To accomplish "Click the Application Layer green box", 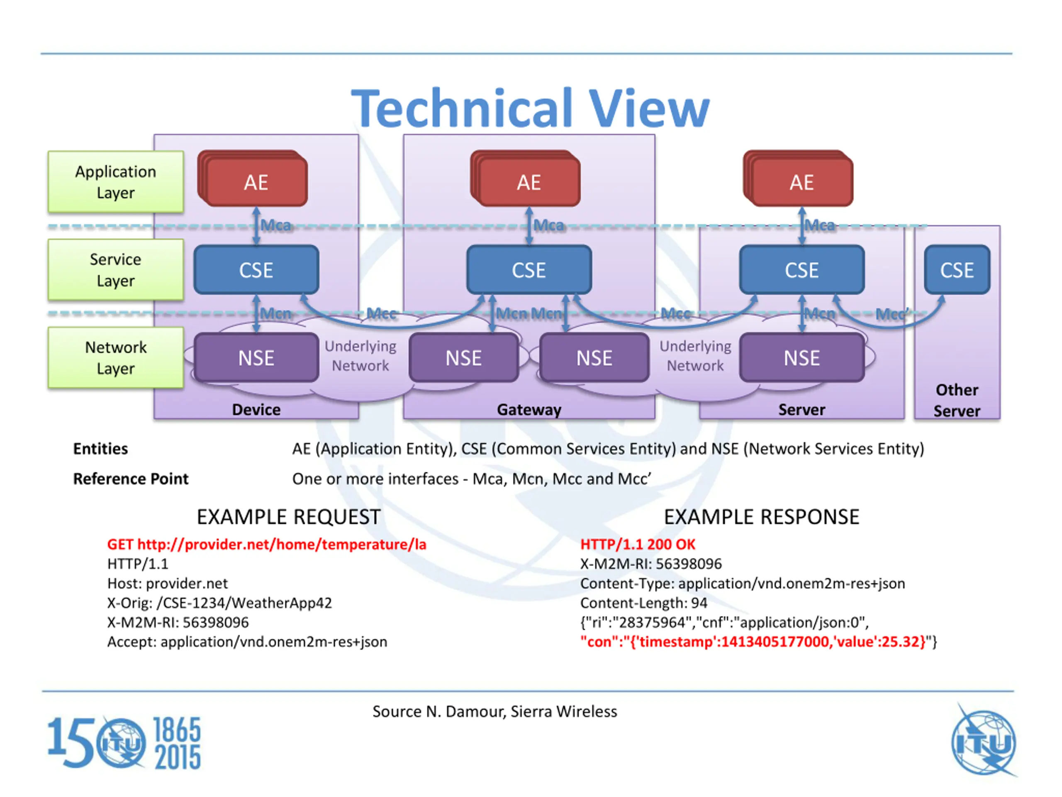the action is [x=116, y=182].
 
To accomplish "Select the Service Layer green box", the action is [x=116, y=270].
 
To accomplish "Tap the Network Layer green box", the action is [x=116, y=358].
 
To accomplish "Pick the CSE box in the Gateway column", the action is [x=529, y=270].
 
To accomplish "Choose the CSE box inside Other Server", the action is [x=957, y=270].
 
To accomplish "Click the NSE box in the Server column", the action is [x=802, y=358].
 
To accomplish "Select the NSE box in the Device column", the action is [x=256, y=358].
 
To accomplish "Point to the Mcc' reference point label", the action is [x=892, y=314].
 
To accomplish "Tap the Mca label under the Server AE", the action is [x=820, y=225].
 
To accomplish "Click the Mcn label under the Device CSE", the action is [x=275, y=314].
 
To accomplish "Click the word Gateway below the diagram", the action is [x=529, y=410].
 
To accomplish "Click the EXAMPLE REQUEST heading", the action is [x=289, y=517].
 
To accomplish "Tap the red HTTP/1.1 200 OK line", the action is [x=638, y=544].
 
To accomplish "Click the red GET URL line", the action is [x=266, y=544].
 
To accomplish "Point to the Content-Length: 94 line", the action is [x=644, y=603].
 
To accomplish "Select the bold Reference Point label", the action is [x=131, y=479].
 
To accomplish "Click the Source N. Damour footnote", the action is [x=494, y=711].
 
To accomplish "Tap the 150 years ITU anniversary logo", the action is [x=124, y=743].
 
